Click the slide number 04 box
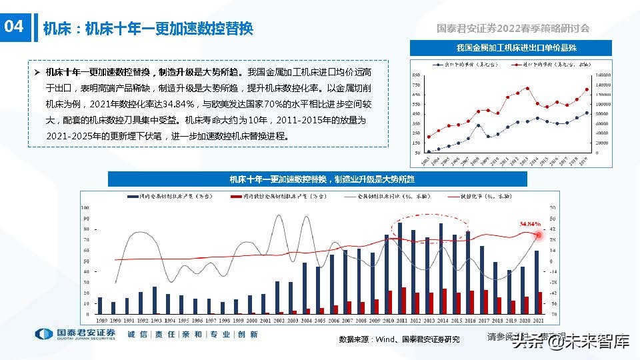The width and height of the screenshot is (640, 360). point(15,27)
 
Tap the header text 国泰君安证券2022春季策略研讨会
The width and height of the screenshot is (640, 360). point(513,28)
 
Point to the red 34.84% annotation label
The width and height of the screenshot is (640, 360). point(530,224)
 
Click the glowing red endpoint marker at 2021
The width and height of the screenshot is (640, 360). point(540,234)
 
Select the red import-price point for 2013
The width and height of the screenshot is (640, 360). point(527,88)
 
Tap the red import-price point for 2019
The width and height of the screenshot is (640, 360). point(587,89)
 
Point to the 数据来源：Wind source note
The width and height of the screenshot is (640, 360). point(399,339)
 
